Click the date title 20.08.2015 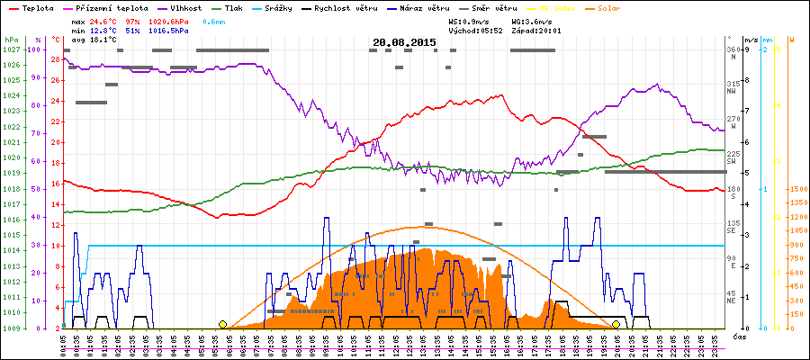[404, 42]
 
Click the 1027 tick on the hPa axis [11, 49]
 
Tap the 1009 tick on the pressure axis [11, 328]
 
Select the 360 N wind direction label [733, 52]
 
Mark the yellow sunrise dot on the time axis [222, 324]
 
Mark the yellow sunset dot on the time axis [616, 324]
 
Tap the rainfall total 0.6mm [214, 19]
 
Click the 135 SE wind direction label [733, 227]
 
